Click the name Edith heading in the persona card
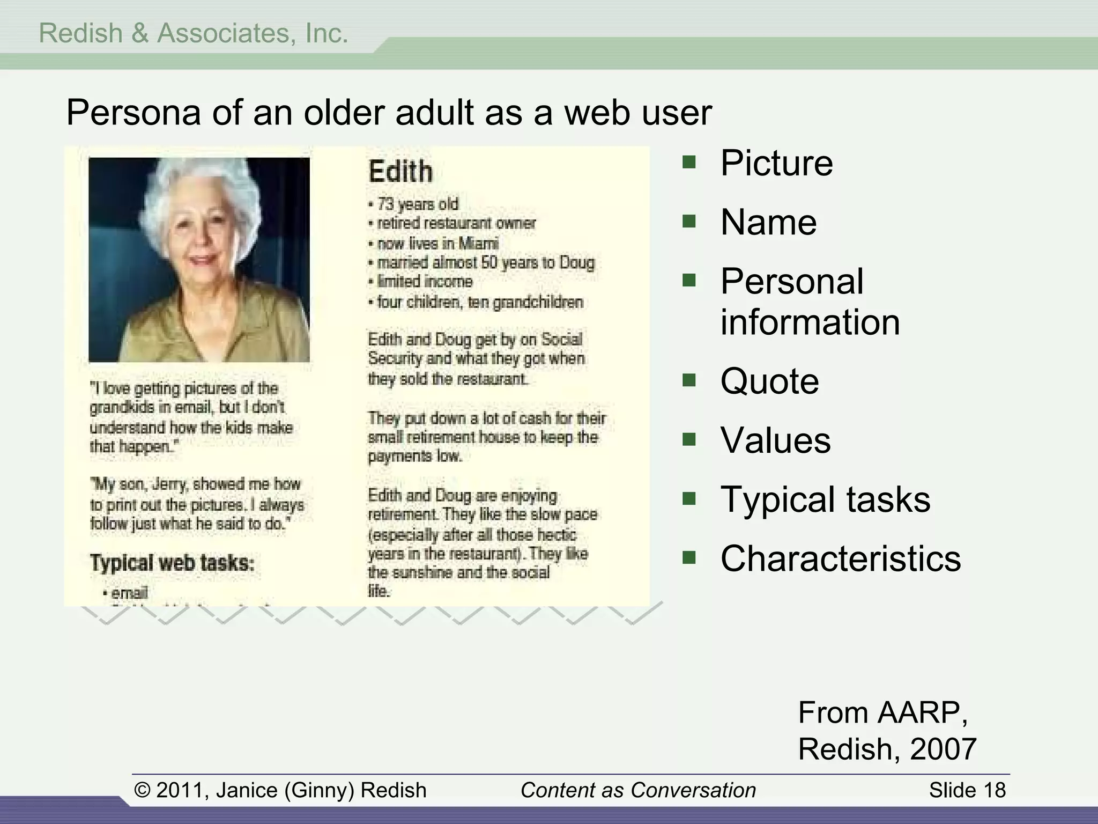(x=400, y=172)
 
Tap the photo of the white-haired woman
(x=199, y=259)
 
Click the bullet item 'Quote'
(x=769, y=381)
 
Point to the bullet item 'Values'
(x=775, y=440)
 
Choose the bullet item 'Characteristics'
(x=840, y=558)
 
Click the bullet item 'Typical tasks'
(x=825, y=499)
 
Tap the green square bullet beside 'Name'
(x=689, y=221)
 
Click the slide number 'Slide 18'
(x=967, y=790)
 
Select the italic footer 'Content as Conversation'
(x=638, y=790)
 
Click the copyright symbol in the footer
(x=142, y=790)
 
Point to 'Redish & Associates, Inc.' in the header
(x=194, y=33)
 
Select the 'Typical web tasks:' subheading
(x=172, y=563)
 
